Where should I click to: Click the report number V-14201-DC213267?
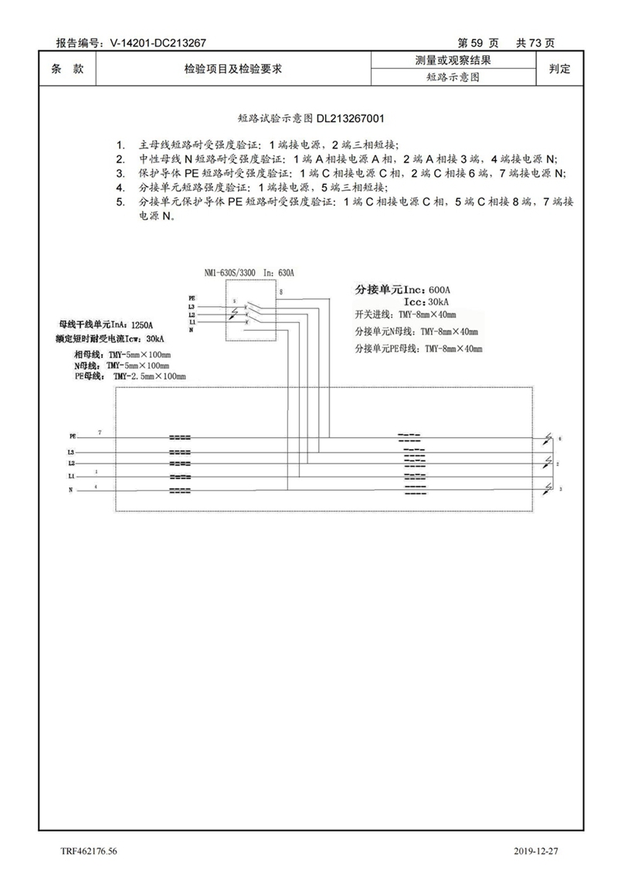point(158,44)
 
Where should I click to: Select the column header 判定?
point(559,69)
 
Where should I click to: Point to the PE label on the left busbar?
point(73,437)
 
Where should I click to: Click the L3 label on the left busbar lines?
point(71,452)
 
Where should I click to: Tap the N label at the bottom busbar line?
point(70,491)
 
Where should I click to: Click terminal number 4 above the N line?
point(96,486)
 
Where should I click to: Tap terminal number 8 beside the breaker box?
point(280,292)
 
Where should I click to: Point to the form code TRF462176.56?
point(90,851)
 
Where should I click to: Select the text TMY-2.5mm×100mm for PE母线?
point(150,376)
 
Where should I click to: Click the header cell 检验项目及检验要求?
point(233,69)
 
